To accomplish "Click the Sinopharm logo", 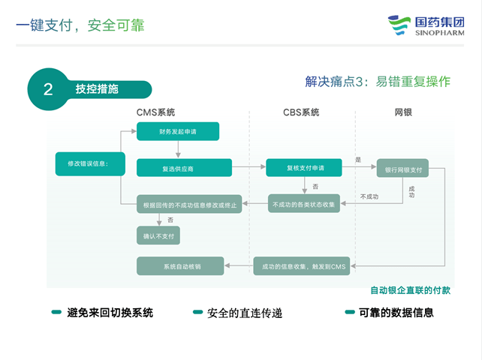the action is [426, 25].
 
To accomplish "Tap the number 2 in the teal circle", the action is [48, 89].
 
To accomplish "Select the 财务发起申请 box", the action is [178, 131].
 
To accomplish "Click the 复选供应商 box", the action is [184, 168].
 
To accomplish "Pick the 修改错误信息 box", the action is [90, 163].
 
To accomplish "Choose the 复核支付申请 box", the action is [304, 168].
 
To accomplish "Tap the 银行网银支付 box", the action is [402, 168].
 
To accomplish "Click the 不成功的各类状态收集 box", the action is [304, 203].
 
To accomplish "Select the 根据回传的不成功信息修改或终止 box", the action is [189, 204].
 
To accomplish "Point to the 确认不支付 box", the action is [158, 235].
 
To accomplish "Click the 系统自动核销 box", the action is [180, 266].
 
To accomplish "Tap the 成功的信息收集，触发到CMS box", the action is [302, 266].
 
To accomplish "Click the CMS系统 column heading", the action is [155, 112].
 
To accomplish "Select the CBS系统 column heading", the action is [301, 112].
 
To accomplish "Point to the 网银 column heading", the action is [403, 112].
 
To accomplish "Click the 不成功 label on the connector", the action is [369, 196].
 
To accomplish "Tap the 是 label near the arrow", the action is [358, 160].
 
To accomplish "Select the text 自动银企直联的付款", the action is [410, 290].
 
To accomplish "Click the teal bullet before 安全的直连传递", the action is [197, 313].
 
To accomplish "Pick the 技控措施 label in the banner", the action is [97, 89].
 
